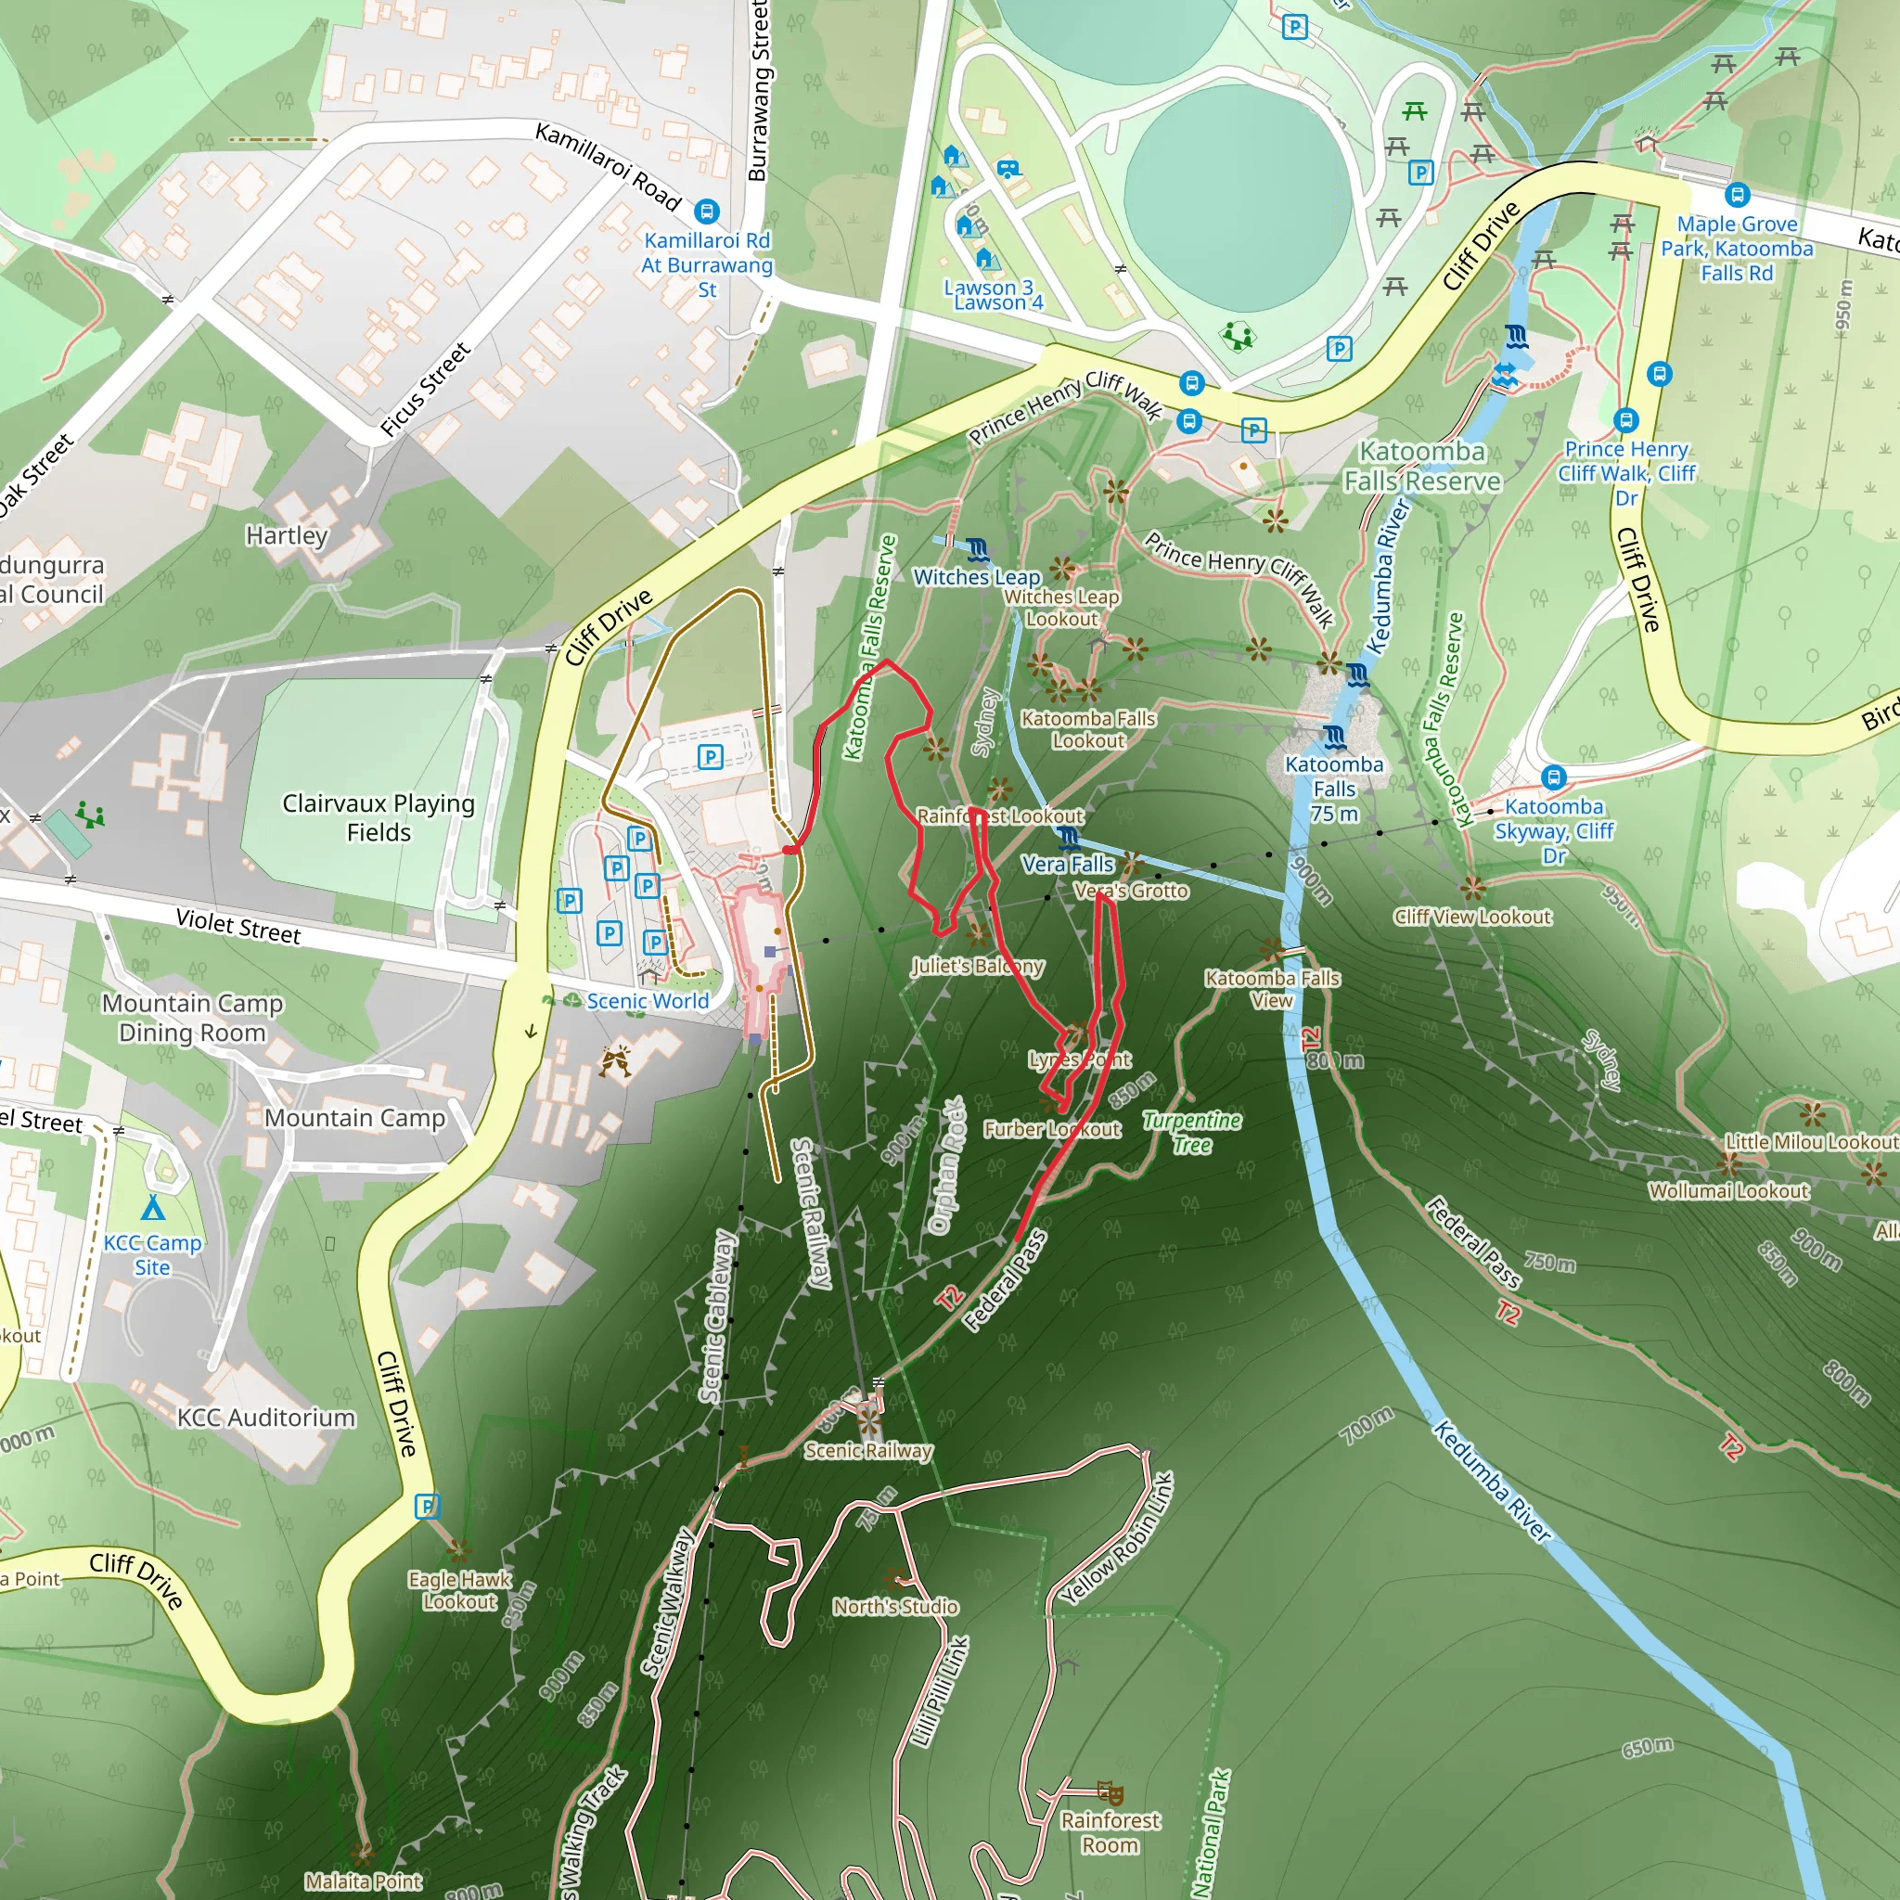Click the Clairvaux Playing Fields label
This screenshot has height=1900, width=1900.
click(x=379, y=817)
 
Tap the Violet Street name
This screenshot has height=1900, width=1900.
click(x=238, y=925)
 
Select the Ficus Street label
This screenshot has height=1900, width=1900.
click(x=426, y=390)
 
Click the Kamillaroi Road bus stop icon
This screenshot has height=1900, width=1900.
click(x=706, y=212)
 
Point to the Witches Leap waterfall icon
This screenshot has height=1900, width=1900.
click(x=977, y=549)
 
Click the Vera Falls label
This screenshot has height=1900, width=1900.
click(x=1067, y=865)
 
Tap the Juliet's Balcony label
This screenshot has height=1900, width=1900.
click(x=977, y=966)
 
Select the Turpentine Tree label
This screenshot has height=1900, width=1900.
click(x=1191, y=1132)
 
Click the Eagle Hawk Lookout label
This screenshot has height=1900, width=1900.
click(x=459, y=1590)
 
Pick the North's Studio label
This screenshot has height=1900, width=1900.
click(x=895, y=1606)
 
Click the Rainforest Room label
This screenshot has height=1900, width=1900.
click(x=1110, y=1832)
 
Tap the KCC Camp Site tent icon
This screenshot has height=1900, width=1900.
click(x=152, y=1208)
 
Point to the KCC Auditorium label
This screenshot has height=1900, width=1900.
click(x=265, y=1418)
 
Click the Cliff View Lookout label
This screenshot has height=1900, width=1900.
click(x=1472, y=917)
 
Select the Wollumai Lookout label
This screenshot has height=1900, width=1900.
click(x=1729, y=1191)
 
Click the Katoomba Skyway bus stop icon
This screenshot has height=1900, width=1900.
click(x=1553, y=777)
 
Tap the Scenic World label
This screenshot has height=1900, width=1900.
click(x=648, y=1001)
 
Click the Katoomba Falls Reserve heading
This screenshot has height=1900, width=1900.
click(x=1422, y=466)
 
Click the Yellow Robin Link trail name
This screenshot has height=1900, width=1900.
click(x=1116, y=1539)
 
